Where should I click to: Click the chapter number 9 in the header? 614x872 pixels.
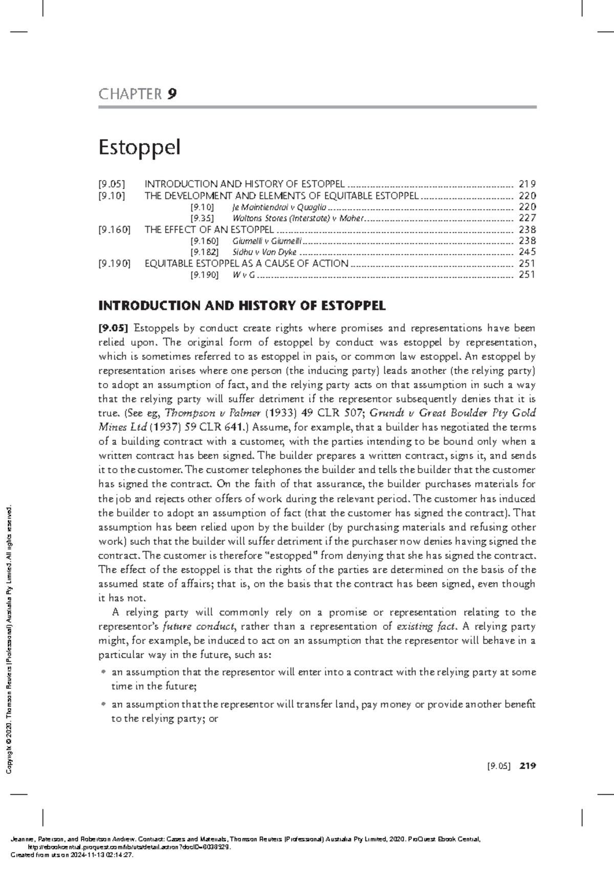[171, 94]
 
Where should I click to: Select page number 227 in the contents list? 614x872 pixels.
[527, 218]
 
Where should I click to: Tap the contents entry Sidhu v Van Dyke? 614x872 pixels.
[265, 252]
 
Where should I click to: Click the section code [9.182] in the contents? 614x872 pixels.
[204, 252]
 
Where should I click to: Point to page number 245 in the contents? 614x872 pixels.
[527, 252]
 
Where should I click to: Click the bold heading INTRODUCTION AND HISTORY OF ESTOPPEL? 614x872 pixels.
[242, 306]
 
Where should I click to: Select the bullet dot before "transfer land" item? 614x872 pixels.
[104, 705]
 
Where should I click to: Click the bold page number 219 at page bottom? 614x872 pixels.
[527, 766]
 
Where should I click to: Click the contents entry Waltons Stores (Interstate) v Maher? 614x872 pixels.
[298, 218]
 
